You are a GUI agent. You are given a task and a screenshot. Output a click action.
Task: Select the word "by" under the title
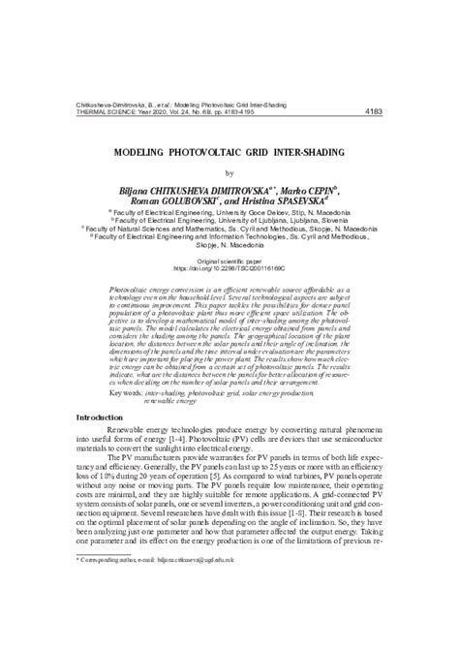coord(229,172)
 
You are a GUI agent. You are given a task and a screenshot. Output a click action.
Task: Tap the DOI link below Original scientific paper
coord(229,268)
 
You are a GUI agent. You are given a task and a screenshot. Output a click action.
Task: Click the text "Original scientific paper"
coord(229,262)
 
